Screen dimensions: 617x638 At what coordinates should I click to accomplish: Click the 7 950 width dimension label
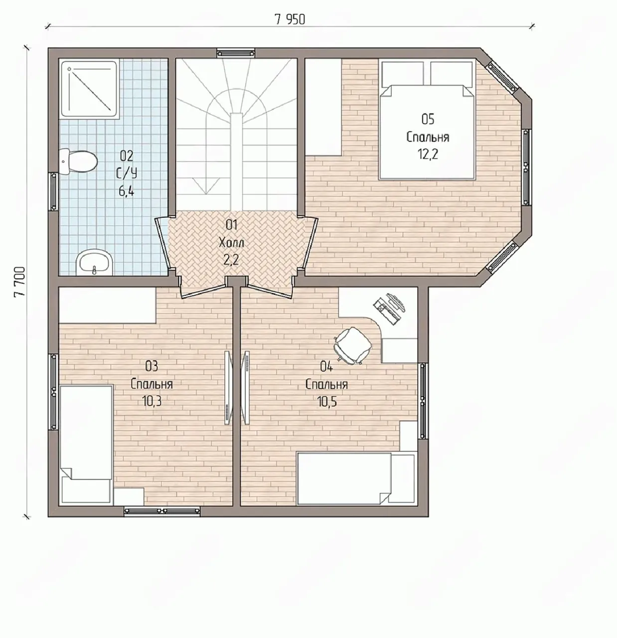290,19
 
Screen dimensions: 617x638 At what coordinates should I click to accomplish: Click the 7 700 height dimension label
19,282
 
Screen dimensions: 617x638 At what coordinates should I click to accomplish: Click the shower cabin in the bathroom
89,89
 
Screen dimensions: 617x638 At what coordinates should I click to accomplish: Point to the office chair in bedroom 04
352,345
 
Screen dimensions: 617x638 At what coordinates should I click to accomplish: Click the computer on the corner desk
390,308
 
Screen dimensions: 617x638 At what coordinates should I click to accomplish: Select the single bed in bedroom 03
86,444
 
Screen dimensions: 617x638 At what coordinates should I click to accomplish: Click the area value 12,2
428,154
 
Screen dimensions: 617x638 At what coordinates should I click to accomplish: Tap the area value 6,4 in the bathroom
126,191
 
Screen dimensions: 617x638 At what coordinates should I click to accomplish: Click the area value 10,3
152,401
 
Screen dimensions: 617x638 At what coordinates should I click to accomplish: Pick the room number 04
326,367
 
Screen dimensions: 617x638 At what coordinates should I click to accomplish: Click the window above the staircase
236,53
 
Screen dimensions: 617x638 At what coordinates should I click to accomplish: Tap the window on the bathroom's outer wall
53,191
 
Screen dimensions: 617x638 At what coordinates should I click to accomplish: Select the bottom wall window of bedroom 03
162,511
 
